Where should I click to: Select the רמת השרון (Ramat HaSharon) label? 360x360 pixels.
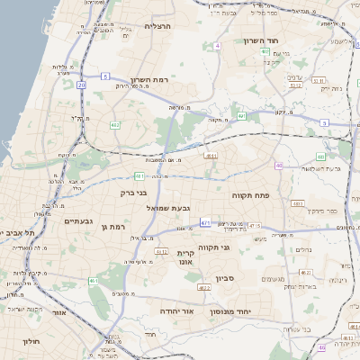148,80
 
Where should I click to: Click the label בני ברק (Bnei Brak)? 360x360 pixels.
133,192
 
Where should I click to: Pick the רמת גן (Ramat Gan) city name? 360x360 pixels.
113,227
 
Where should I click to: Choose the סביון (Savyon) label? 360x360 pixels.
224,279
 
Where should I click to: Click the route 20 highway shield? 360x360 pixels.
81,85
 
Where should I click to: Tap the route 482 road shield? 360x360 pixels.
115,124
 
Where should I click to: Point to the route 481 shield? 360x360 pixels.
139,175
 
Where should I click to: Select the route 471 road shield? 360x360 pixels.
206,221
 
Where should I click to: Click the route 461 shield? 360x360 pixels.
94,282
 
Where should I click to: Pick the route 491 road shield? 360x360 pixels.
242,116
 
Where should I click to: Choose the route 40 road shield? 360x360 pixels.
280,166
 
